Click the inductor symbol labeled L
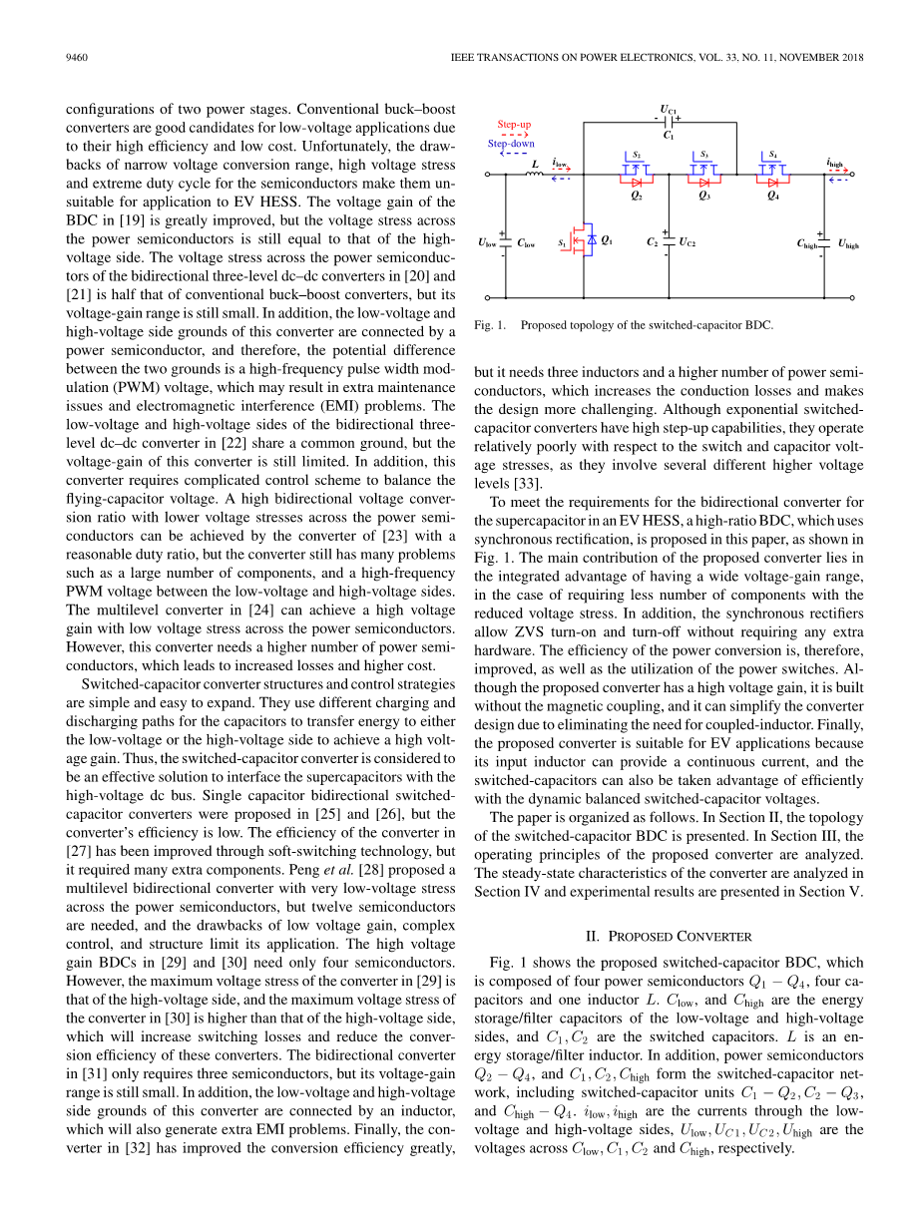click(535, 175)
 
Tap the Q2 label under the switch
click(637, 197)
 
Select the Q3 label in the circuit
click(704, 197)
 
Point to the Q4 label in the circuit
click(772, 197)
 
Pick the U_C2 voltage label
click(688, 242)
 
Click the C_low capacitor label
click(526, 242)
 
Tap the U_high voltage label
click(848, 243)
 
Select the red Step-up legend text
click(514, 125)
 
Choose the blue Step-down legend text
click(511, 144)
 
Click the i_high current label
click(835, 163)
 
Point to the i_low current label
click(561, 163)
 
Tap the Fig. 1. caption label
click(490, 325)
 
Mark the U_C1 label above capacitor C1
click(669, 109)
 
